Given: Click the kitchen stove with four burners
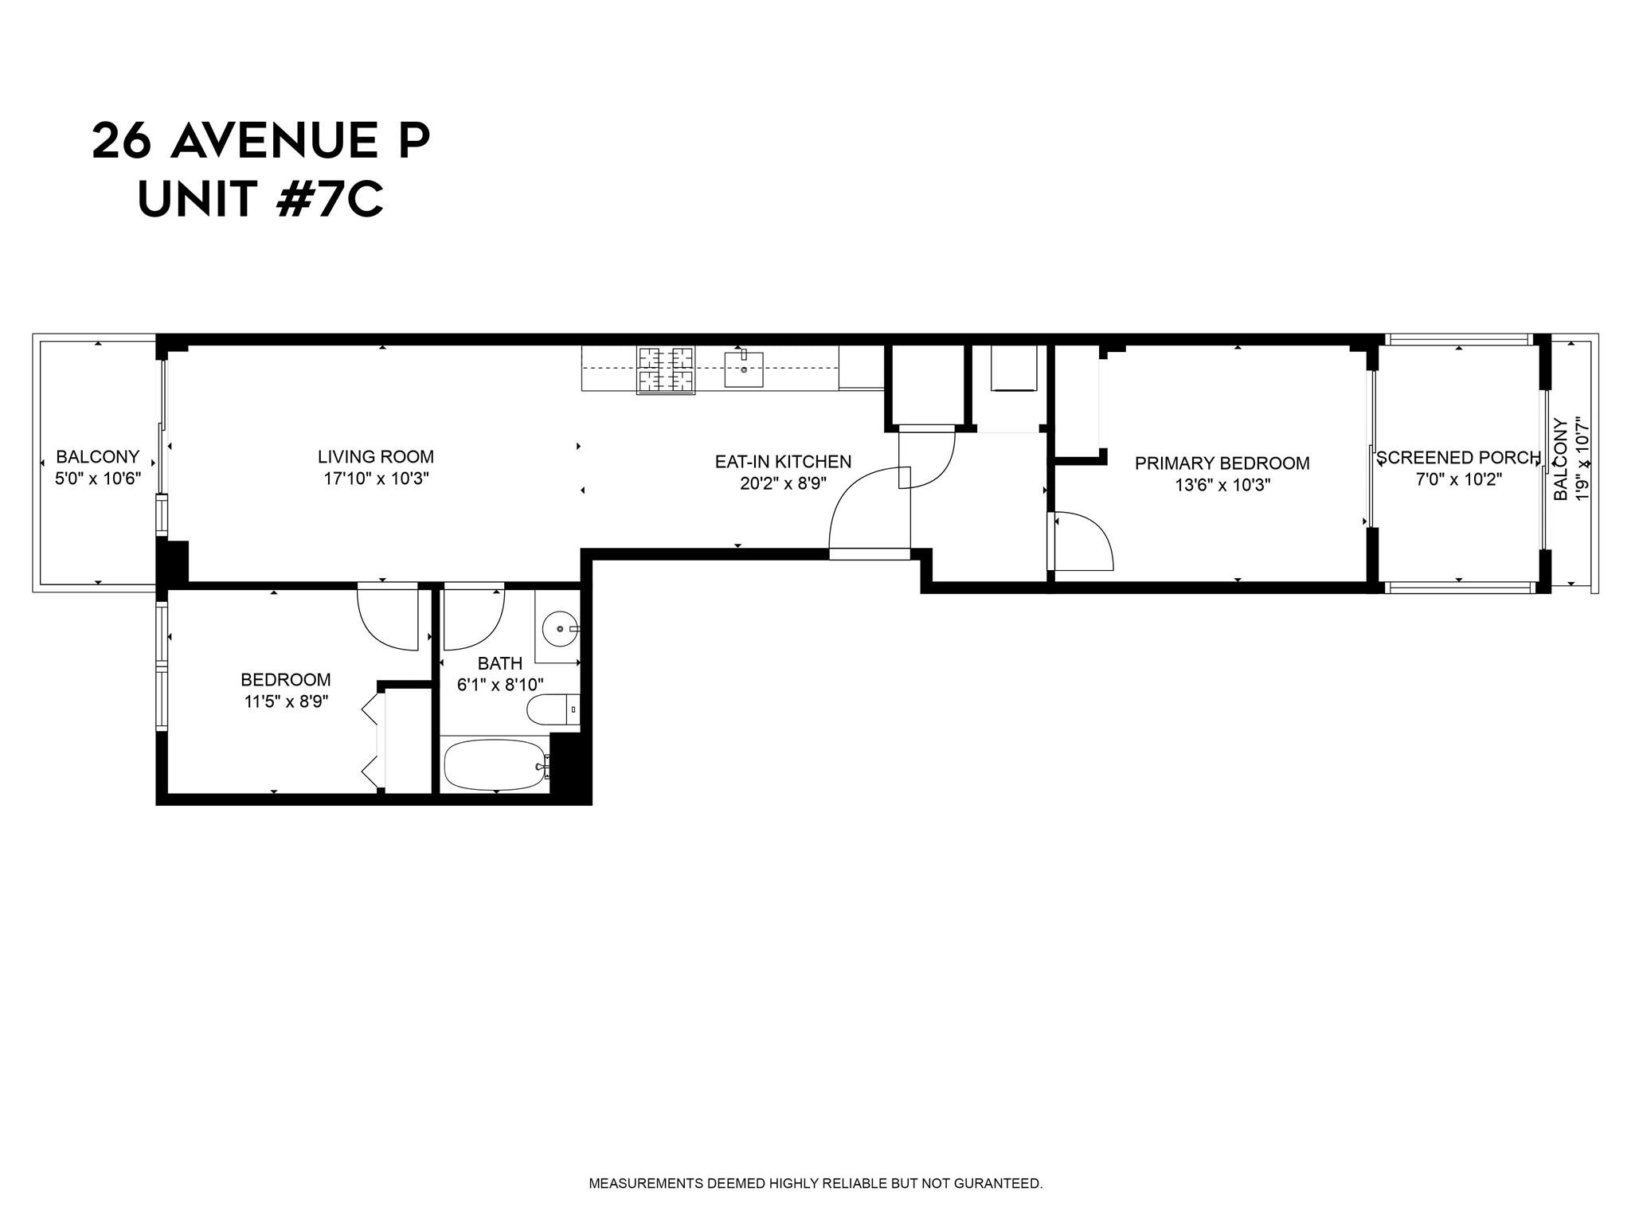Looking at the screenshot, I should tap(665, 370).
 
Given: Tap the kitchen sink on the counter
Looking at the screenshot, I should tap(743, 369).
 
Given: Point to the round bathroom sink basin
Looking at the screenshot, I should tap(560, 629).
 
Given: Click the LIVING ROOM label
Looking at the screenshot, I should tap(376, 457).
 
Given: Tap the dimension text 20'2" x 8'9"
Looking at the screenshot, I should tap(783, 483).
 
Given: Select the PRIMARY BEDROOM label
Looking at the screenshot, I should tap(1222, 463).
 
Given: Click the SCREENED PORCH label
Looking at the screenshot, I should tap(1459, 458).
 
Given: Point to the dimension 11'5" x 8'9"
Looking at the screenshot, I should tap(286, 701).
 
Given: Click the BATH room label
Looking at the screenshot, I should tap(500, 663).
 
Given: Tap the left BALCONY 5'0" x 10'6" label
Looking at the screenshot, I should tap(97, 467).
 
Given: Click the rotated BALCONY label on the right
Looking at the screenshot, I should tap(1561, 460).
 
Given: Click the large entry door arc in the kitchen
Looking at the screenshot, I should tap(864, 510).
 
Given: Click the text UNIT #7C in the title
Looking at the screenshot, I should tap(260, 199).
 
